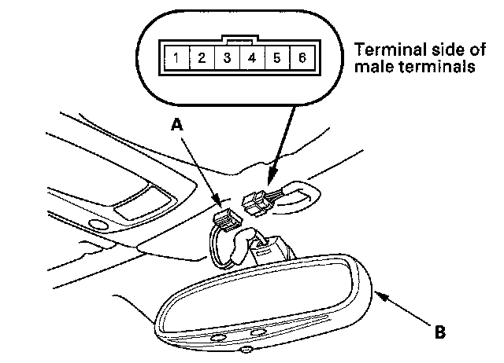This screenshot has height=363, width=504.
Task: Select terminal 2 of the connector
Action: coord(202,57)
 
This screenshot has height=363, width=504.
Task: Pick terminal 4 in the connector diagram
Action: coord(252,57)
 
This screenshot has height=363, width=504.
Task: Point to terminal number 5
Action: coord(276,57)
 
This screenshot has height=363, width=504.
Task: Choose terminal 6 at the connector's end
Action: coord(301,57)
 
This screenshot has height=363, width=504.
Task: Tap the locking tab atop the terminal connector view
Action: coord(239,36)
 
